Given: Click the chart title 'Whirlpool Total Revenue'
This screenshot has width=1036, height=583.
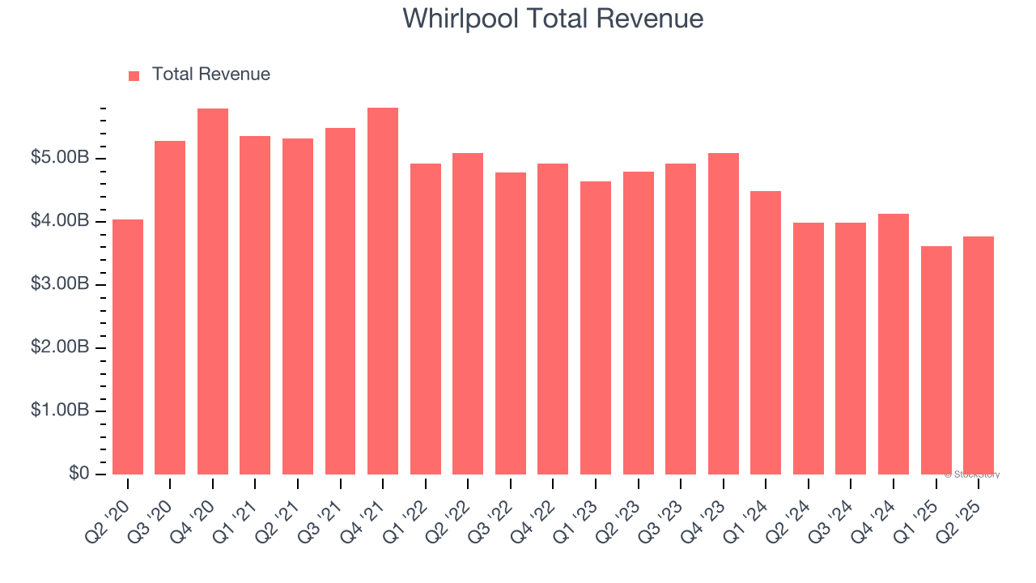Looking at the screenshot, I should (x=553, y=19).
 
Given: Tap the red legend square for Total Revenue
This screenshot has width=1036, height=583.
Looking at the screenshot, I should (x=134, y=75).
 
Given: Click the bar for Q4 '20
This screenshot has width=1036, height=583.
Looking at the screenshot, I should (x=213, y=291).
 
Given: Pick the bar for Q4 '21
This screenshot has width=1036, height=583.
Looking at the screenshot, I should (x=383, y=291).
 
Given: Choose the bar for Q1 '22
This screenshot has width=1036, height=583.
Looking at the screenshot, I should (x=426, y=319).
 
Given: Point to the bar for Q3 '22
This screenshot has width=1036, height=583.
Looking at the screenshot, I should (x=511, y=323).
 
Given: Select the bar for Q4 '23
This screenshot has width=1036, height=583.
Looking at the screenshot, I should (x=724, y=313).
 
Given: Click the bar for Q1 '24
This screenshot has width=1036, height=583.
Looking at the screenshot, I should (x=766, y=333).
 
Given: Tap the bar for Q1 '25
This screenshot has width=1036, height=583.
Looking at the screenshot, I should (x=936, y=360).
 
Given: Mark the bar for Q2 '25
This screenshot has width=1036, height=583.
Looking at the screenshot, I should (x=979, y=355).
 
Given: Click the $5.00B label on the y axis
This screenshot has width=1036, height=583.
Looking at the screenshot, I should (x=60, y=158).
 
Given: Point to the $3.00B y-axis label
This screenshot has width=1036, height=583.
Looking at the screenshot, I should (x=60, y=284).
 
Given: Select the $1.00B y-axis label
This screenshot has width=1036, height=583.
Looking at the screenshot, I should (x=60, y=411).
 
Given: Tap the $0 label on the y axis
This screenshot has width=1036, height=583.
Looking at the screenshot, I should (x=79, y=474).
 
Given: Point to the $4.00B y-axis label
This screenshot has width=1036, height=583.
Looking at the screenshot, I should (x=60, y=221).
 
